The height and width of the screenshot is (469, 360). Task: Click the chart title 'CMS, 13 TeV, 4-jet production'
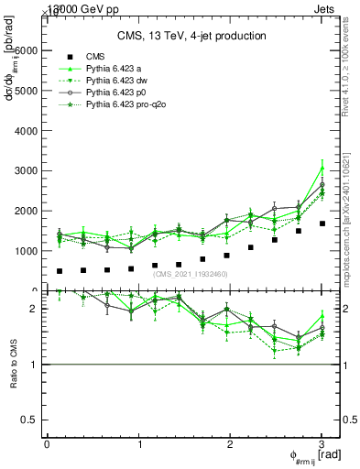click(191, 36)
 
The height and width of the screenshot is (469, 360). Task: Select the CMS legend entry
click(95, 57)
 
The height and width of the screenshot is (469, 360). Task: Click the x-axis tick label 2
click(230, 444)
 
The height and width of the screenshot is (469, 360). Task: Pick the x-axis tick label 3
click(322, 444)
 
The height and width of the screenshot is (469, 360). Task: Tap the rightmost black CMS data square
click(322, 224)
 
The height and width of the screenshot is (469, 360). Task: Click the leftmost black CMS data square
click(60, 271)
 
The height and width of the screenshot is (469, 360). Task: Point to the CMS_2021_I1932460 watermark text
click(191, 274)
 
